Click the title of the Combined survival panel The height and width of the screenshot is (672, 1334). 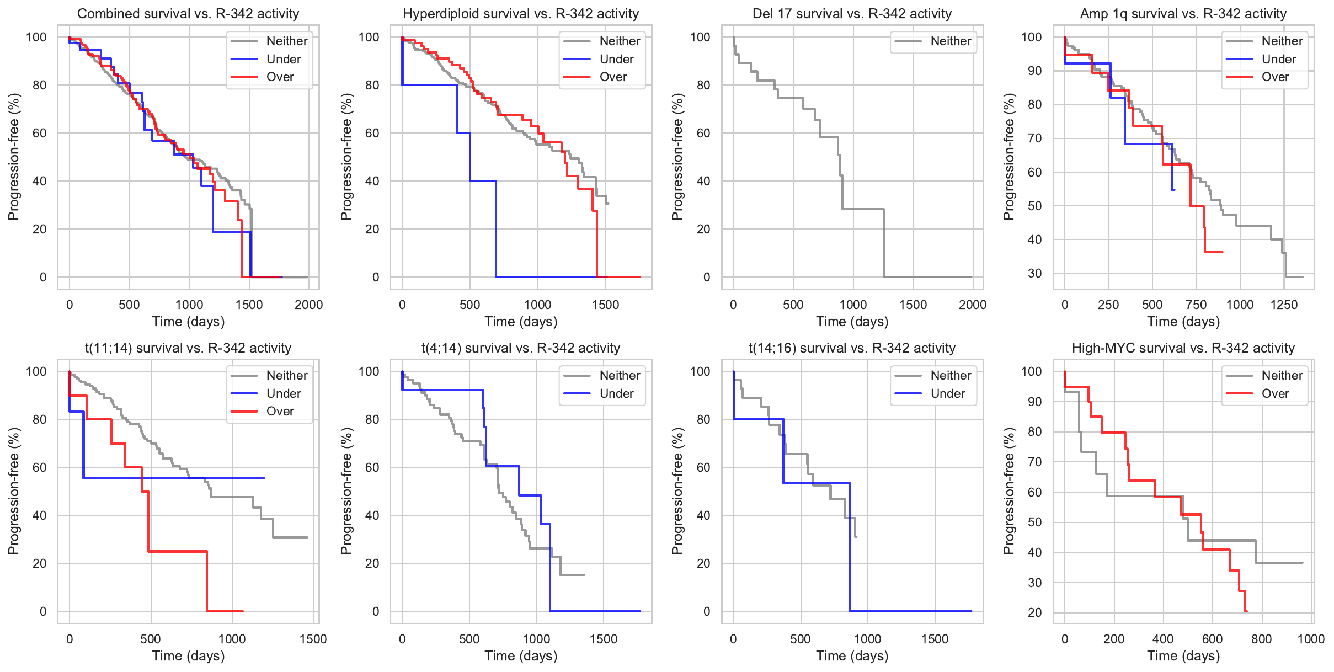[x=188, y=14]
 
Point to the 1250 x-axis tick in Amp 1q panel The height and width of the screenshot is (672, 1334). [x=1284, y=305]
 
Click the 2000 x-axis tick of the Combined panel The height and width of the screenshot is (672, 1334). [x=308, y=305]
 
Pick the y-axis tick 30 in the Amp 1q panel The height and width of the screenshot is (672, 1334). [x=1034, y=273]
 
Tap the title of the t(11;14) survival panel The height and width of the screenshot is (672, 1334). [x=188, y=348]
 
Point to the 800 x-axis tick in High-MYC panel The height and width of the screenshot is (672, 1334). [x=1261, y=639]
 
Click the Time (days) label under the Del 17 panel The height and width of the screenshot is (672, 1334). [x=852, y=322]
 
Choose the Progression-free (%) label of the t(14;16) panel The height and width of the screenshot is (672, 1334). [x=677, y=491]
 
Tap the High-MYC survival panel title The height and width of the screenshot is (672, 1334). [x=1183, y=348]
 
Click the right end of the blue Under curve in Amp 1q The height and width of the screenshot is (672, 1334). [x=1174, y=190]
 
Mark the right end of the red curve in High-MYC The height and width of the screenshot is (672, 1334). [x=1246, y=611]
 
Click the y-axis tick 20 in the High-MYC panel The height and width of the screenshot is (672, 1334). [x=1034, y=612]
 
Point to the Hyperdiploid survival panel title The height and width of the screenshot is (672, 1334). [x=520, y=14]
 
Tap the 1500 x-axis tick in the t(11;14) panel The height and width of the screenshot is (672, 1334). [x=313, y=639]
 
